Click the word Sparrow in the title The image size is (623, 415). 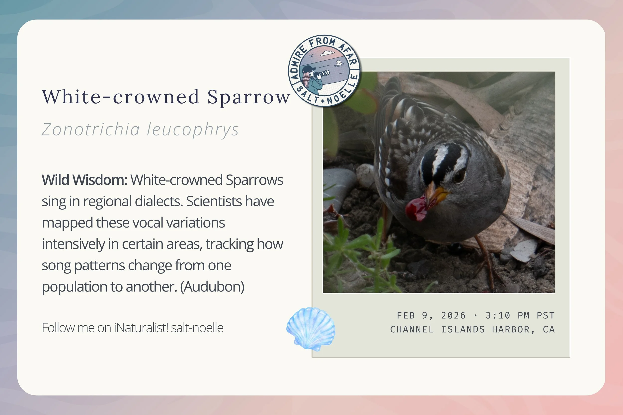(249, 97)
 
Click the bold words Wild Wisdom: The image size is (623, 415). (84, 180)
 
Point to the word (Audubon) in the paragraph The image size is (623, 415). (212, 287)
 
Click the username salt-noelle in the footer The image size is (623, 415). (197, 328)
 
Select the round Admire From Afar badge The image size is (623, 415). (324, 71)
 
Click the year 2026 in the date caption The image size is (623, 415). (453, 315)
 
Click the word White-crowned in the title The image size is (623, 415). (120, 97)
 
